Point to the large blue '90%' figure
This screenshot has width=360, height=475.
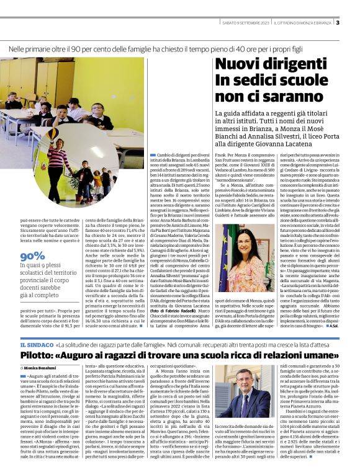32,256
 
